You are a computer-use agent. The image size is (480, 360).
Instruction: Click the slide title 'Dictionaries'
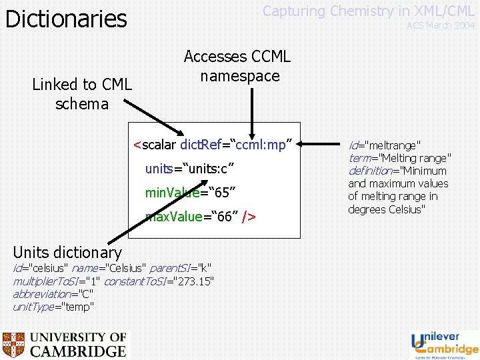click(66, 19)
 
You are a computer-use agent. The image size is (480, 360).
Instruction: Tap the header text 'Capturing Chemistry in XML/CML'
click(368, 11)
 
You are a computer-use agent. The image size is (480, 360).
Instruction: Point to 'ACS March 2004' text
click(441, 25)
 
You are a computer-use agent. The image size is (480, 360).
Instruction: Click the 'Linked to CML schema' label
click(82, 94)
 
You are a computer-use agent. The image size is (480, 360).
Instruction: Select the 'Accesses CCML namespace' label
click(237, 66)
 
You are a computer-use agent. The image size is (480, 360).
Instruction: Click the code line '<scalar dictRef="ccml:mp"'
click(213, 144)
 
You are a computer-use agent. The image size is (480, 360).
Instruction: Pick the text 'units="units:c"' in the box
click(189, 168)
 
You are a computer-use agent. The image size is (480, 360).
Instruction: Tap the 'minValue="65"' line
click(190, 193)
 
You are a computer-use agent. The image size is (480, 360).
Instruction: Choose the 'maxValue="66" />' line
click(201, 217)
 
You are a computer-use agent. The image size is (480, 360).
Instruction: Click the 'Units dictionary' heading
click(67, 252)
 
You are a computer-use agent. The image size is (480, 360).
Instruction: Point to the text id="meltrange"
click(385, 145)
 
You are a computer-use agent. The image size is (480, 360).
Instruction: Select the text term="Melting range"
click(399, 158)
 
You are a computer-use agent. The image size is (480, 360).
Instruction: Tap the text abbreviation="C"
click(53, 294)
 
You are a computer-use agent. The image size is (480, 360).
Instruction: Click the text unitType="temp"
click(53, 307)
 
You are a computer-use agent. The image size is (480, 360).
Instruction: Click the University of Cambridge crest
click(14, 345)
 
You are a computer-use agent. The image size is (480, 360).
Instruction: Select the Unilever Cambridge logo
click(444, 344)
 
